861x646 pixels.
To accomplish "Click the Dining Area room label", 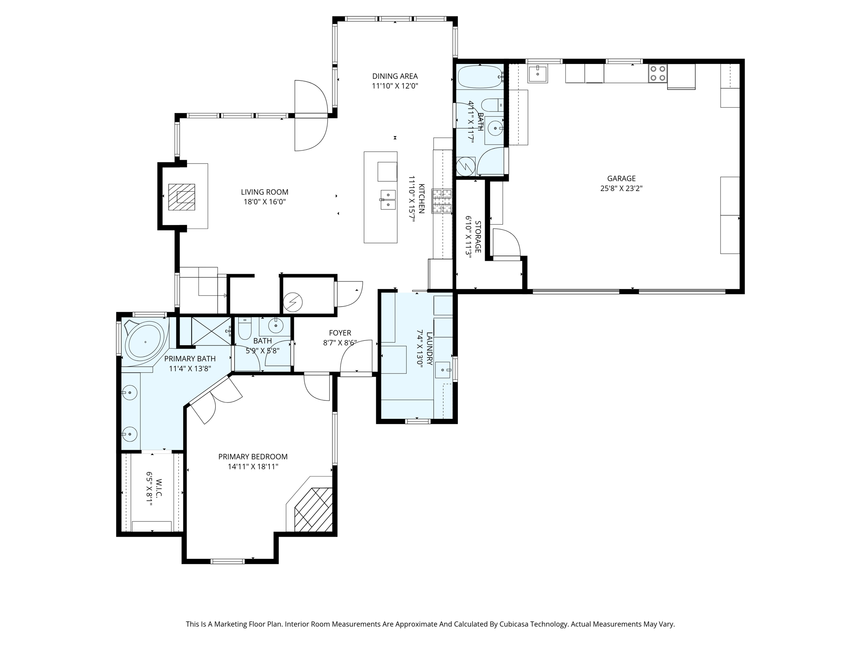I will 395,76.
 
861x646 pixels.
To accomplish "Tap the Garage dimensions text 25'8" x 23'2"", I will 621,188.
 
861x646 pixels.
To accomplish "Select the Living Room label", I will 264,192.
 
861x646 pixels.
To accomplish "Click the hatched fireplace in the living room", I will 182,197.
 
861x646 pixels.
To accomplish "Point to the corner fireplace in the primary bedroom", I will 313,510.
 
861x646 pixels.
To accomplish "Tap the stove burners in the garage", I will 657,73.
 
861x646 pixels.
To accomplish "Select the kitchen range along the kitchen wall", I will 442,201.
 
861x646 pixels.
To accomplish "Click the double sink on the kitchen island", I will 388,200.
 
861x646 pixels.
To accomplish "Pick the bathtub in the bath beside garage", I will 479,77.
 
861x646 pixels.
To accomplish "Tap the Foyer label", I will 340,333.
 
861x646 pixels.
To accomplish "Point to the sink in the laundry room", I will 443,370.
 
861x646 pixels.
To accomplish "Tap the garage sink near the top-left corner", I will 537,74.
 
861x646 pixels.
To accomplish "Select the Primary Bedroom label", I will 253,457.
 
